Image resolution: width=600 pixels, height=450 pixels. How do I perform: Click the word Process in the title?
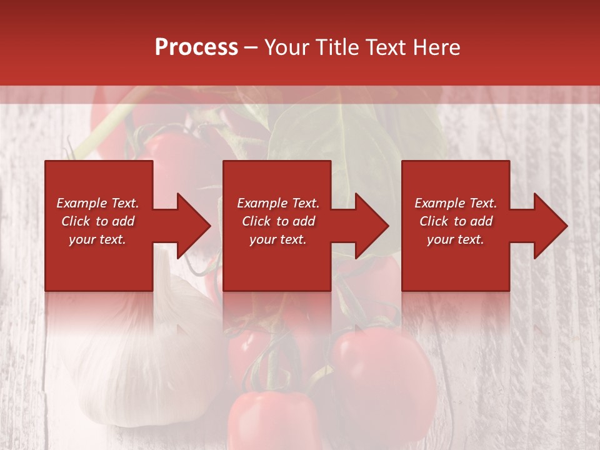click(x=196, y=47)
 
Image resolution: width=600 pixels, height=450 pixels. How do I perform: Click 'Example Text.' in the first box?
click(x=97, y=203)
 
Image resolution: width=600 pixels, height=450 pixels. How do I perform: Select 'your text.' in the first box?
click(x=97, y=239)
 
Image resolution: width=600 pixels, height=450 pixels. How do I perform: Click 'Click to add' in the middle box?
click(x=278, y=221)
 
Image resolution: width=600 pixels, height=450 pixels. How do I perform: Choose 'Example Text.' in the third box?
click(x=456, y=203)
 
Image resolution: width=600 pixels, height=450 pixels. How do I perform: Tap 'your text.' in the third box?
click(x=456, y=239)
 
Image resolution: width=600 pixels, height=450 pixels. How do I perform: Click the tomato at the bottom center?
click(x=275, y=419)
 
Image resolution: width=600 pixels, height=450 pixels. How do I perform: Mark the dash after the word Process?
click(x=251, y=48)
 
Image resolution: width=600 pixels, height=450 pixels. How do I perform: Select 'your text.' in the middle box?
click(x=278, y=239)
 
